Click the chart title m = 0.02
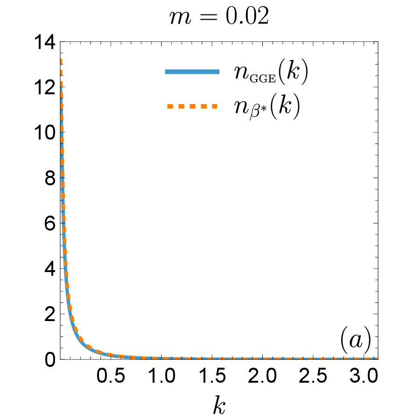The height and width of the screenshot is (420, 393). (219, 16)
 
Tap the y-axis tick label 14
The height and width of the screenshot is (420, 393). (45, 42)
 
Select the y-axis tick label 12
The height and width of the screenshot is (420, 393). (45, 87)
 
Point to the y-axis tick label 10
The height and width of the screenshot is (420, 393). (45, 133)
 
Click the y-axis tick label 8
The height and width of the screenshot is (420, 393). (50, 178)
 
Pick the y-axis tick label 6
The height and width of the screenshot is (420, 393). (50, 224)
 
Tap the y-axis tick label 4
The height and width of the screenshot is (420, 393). (50, 269)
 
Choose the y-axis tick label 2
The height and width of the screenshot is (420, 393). (50, 314)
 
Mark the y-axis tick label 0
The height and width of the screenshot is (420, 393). (50, 360)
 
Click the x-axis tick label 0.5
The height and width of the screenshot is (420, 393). (111, 376)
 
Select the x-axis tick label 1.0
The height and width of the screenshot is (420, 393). (161, 376)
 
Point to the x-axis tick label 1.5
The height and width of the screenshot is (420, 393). (212, 376)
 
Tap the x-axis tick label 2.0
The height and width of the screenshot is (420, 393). (262, 376)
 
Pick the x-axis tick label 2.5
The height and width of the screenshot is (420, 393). (313, 376)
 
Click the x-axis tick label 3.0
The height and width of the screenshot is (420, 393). (364, 376)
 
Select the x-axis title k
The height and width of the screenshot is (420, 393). (219, 405)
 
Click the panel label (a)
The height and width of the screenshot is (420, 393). (356, 340)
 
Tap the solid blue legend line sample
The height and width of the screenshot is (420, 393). (192, 71)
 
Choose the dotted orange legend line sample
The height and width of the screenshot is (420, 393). (192, 106)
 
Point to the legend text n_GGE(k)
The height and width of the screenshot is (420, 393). (271, 73)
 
